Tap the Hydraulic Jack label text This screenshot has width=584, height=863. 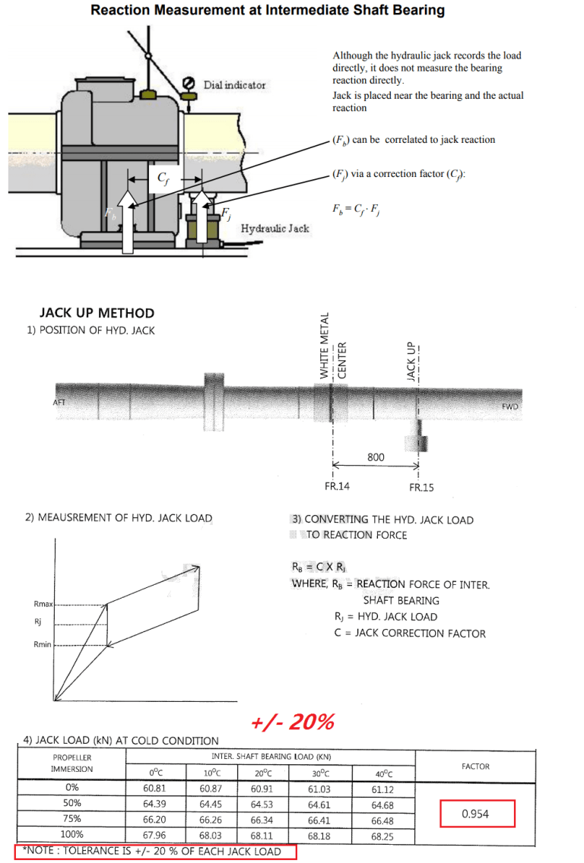pos(275,228)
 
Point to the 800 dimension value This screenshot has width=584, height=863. pos(376,457)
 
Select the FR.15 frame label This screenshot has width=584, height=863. pos(421,487)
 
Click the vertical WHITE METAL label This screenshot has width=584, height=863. pos(324,346)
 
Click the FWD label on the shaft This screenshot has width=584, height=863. pos(509,406)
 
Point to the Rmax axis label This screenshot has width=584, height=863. pos(43,604)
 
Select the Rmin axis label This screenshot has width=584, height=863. pos(43,644)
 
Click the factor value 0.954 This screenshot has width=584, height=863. pos(476,814)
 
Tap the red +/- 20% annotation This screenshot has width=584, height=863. pos(292,722)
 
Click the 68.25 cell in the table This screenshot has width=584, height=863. pos(382,836)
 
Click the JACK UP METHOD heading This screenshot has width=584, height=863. pos(97,313)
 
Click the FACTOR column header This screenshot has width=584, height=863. pos(475,767)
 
